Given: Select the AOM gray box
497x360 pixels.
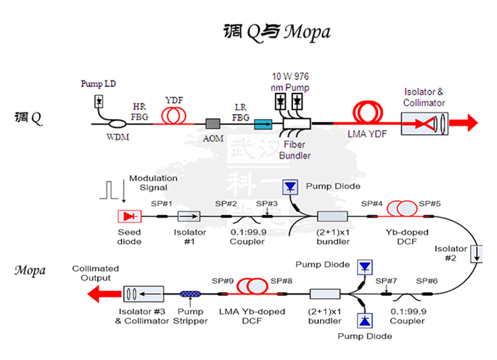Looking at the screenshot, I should point(213,124).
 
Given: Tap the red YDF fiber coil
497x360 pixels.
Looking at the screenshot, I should point(173,115).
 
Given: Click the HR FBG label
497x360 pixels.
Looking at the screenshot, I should point(139,111).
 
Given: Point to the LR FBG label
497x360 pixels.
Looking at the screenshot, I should point(240,111).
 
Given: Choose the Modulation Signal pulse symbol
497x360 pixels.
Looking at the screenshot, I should point(110,190).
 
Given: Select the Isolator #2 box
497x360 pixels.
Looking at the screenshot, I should point(476,254).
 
